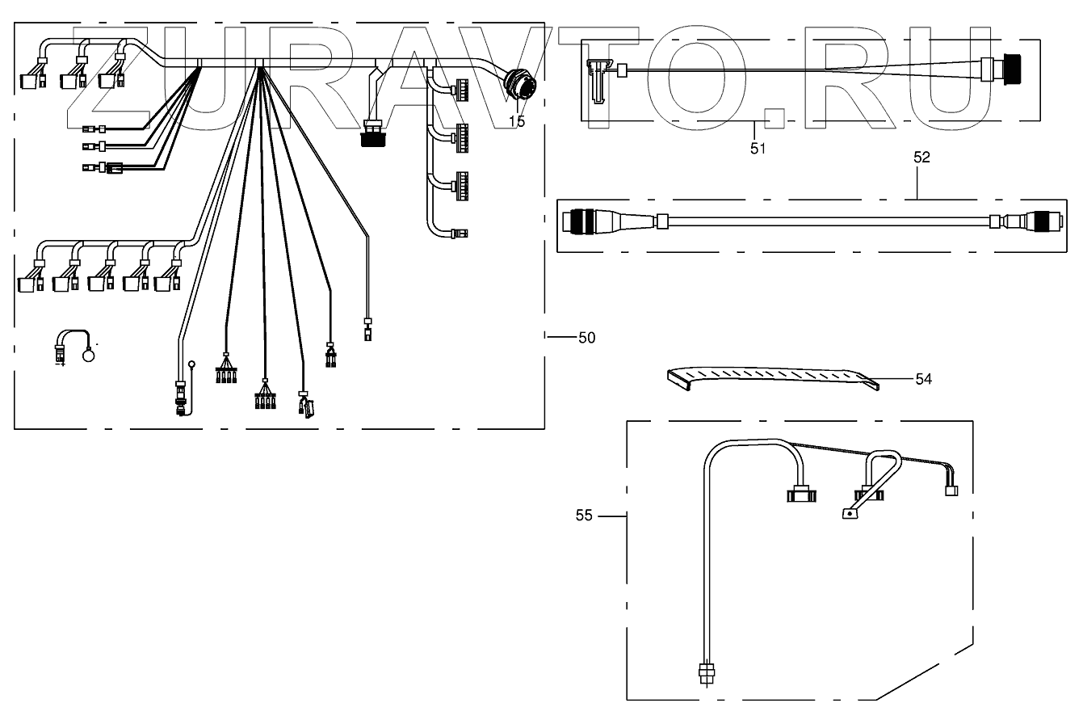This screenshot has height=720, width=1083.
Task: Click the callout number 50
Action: click(x=586, y=338)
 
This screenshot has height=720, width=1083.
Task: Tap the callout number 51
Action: click(x=757, y=149)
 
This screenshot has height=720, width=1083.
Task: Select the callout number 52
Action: click(x=921, y=158)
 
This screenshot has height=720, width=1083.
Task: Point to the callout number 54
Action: click(x=923, y=378)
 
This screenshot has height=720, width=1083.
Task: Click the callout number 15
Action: click(x=517, y=122)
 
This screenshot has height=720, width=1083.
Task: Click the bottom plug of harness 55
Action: click(x=707, y=672)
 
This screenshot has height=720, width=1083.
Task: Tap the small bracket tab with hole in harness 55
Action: click(x=849, y=514)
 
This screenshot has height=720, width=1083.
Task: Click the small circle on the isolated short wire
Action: click(x=90, y=354)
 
